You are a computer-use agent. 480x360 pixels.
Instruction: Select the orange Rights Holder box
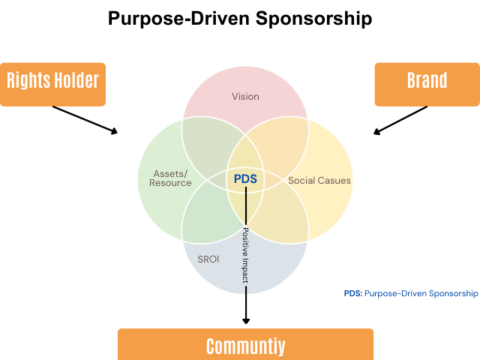[x=53, y=82]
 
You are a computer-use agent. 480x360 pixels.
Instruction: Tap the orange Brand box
[x=426, y=82]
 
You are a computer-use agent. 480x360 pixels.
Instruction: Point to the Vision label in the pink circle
[x=245, y=96]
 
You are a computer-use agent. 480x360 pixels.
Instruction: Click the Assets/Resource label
[x=170, y=178]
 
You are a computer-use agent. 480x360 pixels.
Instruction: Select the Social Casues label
[x=319, y=181]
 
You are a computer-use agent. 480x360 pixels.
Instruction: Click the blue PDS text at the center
[x=245, y=178]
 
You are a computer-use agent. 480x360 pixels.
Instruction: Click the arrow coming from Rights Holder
[x=85, y=119]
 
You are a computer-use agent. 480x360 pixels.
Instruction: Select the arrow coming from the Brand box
[x=401, y=120]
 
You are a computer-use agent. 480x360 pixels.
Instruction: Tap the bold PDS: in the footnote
[x=352, y=293]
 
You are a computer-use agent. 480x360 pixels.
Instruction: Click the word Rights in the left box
[x=26, y=81]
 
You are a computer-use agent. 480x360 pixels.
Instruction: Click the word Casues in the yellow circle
[x=334, y=181]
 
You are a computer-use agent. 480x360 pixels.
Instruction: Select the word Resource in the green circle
[x=170, y=183]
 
